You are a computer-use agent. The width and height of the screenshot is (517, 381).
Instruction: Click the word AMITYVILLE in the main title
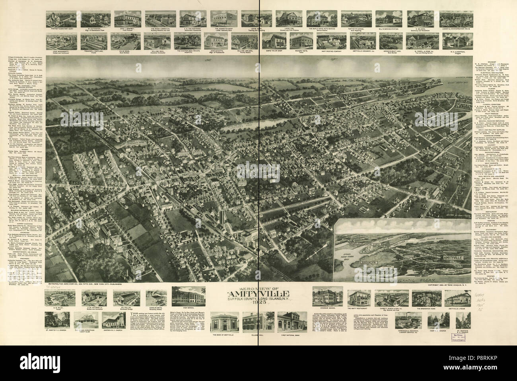tap(258, 295)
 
